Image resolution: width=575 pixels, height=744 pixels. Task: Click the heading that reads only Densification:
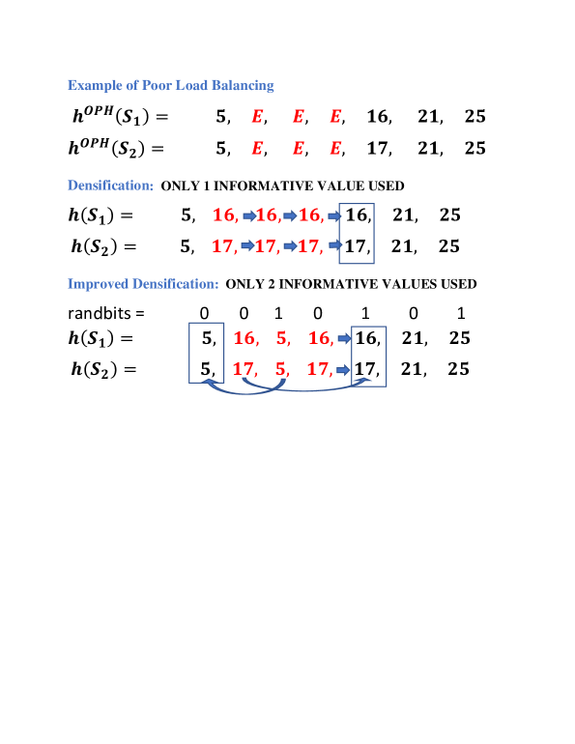110,185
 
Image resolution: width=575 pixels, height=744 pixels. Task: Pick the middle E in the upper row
298,116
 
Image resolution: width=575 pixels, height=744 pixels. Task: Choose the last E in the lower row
335,148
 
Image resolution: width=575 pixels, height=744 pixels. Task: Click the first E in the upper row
257,116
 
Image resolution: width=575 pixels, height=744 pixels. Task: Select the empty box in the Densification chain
357,233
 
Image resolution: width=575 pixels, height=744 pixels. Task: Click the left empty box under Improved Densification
207,352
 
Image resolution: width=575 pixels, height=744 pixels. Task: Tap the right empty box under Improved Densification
369,356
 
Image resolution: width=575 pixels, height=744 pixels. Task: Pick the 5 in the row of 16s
282,337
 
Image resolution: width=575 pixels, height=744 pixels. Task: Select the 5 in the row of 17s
281,368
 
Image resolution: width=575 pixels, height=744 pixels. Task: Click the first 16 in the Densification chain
224,215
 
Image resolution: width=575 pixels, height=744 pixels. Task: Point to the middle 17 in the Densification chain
266,245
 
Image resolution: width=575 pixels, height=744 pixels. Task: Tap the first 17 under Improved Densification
244,368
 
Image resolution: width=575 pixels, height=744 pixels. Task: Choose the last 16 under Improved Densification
320,337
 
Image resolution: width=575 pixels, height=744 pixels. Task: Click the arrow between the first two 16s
248,215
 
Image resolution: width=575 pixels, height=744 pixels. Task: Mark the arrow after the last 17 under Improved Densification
344,369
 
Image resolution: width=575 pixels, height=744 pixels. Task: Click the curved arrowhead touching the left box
211,384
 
